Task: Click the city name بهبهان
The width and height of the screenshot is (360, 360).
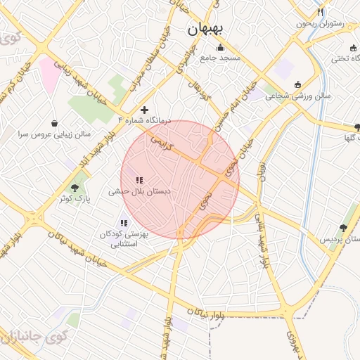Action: (x=206, y=30)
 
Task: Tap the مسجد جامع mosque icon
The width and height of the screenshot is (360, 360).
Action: (x=221, y=48)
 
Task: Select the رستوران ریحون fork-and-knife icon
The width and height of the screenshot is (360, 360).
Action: (x=321, y=12)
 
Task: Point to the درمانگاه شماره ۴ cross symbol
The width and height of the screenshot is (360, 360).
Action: (x=145, y=110)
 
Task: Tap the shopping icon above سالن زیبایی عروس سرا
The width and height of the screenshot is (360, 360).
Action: (x=56, y=122)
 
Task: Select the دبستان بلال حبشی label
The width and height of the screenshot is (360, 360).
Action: (x=139, y=191)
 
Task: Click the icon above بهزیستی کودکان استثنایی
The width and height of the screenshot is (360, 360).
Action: (x=124, y=224)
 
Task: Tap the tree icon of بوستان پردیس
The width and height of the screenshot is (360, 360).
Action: (x=343, y=228)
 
